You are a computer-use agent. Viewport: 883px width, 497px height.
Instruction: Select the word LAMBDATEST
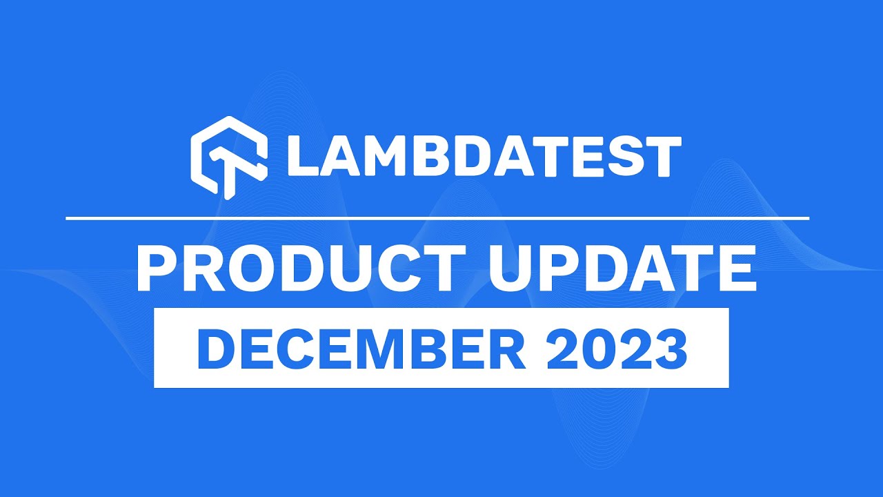pyautogui.click(x=484, y=157)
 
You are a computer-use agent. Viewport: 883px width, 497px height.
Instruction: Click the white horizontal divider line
pyautogui.click(x=437, y=218)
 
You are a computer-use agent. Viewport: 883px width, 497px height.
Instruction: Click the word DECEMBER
pyautogui.click(x=361, y=349)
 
